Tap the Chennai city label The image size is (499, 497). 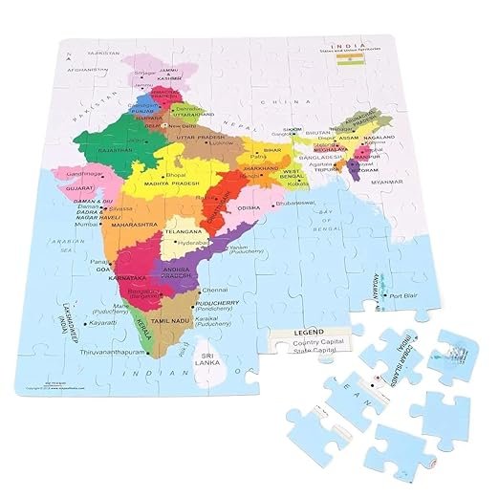pyautogui.click(x=243, y=288)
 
